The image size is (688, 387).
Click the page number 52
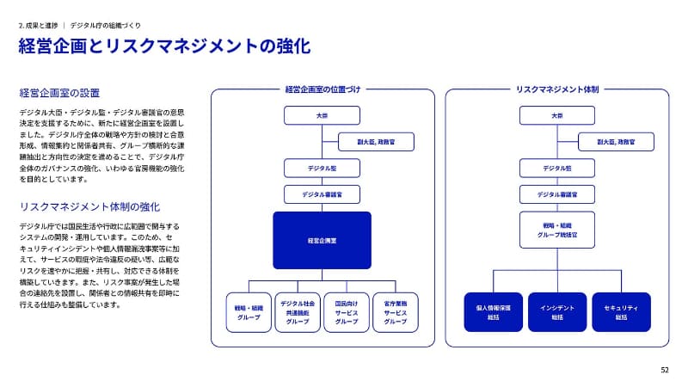pyautogui.click(x=664, y=370)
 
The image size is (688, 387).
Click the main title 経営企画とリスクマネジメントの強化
pyautogui.click(x=164, y=46)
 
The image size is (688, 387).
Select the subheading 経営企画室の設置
pyautogui.click(x=59, y=92)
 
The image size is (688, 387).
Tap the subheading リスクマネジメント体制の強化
pyautogui.click(x=89, y=206)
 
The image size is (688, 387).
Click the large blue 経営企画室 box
pyautogui.click(x=322, y=240)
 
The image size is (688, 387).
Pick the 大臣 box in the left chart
pyautogui.click(x=322, y=115)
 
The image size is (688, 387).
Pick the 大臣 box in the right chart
pyautogui.click(x=556, y=115)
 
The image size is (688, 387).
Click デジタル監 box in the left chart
pyautogui.click(x=322, y=168)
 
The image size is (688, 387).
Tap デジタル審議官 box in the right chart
pyautogui.click(x=556, y=194)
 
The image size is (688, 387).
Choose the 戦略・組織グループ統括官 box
pyautogui.click(x=556, y=230)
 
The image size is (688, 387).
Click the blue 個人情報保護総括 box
pyautogui.click(x=493, y=311)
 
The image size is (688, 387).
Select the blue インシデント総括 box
pyautogui.click(x=556, y=311)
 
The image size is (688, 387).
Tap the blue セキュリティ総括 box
pyautogui.click(x=621, y=311)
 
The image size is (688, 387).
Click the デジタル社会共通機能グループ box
pyautogui.click(x=297, y=311)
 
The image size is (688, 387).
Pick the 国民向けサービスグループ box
pyautogui.click(x=346, y=311)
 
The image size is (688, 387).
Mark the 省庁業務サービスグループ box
pyautogui.click(x=395, y=311)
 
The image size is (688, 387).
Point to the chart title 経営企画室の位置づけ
pyautogui.click(x=322, y=89)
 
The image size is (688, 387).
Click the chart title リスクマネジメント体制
pyautogui.click(x=556, y=89)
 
